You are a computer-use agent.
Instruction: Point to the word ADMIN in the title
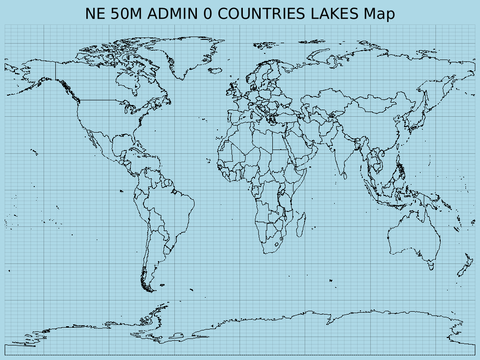tap(173, 14)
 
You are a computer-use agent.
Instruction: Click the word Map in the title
tap(379, 14)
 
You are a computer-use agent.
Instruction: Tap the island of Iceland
tap(215, 71)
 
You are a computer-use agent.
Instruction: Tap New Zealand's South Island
tap(462, 270)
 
